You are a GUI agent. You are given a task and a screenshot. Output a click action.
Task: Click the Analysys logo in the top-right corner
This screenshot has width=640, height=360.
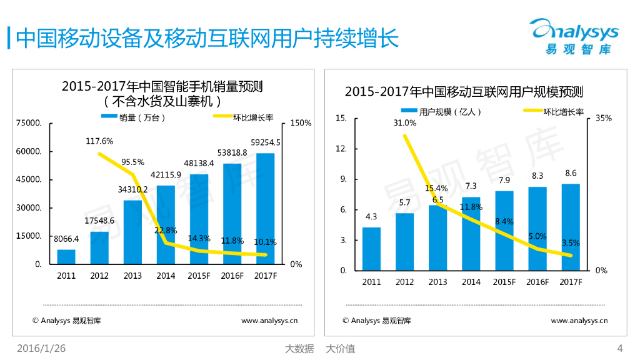[x=573, y=36]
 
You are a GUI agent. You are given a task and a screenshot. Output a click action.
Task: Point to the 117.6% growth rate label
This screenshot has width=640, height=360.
[x=99, y=141]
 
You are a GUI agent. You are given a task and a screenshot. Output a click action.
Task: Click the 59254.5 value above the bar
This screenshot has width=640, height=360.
[x=265, y=142]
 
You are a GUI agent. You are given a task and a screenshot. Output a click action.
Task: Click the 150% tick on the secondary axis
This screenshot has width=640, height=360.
[x=301, y=123]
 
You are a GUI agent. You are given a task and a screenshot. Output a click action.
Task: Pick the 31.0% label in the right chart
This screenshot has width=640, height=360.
[x=404, y=122]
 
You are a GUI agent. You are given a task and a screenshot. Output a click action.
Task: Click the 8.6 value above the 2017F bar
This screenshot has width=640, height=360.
[x=571, y=173]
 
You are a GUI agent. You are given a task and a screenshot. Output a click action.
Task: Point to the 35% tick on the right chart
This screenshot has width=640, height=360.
[x=603, y=118]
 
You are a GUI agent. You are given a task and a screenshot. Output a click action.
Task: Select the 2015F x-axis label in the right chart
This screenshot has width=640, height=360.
[x=504, y=282]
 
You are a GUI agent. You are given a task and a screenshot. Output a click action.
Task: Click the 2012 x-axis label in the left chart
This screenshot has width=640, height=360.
[x=99, y=275]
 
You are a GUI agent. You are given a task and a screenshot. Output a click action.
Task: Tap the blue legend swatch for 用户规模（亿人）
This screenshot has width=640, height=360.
[x=409, y=111]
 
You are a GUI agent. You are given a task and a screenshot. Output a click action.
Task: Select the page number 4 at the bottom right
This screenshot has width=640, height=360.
[x=619, y=349]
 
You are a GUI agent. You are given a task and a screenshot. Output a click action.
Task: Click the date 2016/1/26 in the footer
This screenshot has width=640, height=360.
[x=41, y=349]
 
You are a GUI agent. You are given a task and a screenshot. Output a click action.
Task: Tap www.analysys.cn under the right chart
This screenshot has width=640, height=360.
[x=579, y=321]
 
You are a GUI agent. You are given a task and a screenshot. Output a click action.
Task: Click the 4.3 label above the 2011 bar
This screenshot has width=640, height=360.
[x=371, y=217]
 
